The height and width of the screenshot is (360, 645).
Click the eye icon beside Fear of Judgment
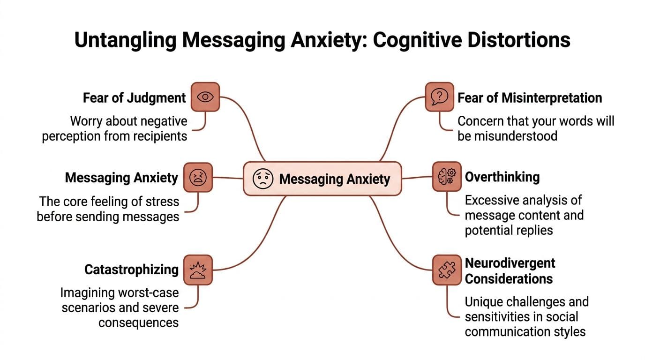[x=205, y=97]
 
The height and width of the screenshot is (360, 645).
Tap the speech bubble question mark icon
[x=439, y=97]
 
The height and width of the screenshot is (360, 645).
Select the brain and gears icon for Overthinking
[x=446, y=177]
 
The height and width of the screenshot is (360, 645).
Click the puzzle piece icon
[x=446, y=270]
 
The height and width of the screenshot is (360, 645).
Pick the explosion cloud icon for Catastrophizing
[x=198, y=270]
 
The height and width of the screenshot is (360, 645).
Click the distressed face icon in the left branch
[x=198, y=178]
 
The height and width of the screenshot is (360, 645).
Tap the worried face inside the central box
[x=262, y=179]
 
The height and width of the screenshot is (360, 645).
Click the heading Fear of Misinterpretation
[x=530, y=97]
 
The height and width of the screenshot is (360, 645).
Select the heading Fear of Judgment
[x=134, y=97]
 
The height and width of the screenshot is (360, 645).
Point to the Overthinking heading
[x=502, y=177]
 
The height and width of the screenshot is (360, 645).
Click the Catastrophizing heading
[x=131, y=270]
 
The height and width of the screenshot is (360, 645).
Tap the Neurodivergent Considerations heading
[x=509, y=271]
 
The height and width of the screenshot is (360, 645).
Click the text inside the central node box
[x=334, y=179]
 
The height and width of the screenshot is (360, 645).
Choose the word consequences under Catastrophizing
[x=138, y=322]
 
